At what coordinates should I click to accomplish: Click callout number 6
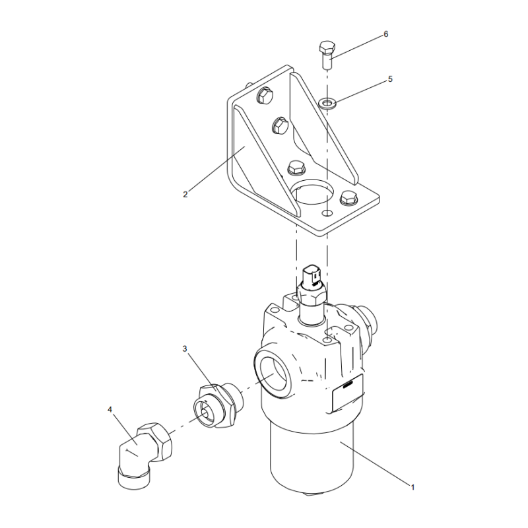[386, 34]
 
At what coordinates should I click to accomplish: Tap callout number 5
[390, 79]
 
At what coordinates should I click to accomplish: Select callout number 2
[185, 194]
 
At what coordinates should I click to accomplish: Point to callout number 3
[185, 348]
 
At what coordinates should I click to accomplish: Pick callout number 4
[110, 409]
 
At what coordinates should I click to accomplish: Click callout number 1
[412, 487]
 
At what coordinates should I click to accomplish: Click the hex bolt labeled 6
[327, 55]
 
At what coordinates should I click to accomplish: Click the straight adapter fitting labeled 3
[218, 405]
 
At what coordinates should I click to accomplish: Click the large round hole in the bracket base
[314, 192]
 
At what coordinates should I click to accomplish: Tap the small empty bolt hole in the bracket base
[327, 213]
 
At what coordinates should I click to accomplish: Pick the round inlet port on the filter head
[272, 372]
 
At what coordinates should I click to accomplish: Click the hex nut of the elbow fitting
[158, 442]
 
